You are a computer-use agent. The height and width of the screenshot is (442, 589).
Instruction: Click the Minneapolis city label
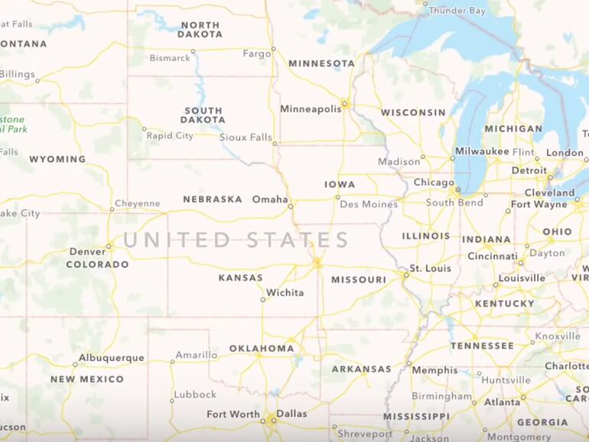tap(311, 109)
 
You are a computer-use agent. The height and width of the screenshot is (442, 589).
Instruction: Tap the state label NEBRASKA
tap(212, 200)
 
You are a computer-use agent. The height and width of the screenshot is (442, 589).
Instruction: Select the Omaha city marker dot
tap(291, 206)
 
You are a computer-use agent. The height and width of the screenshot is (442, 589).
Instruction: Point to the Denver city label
tap(87, 252)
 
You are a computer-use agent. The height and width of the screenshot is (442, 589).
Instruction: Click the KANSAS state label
tap(240, 278)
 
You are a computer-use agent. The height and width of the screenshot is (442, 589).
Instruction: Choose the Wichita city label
tap(285, 293)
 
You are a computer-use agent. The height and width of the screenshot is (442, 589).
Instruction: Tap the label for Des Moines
tap(369, 205)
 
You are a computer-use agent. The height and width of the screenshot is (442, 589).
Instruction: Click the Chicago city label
tap(434, 183)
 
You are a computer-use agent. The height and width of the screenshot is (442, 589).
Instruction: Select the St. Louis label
tap(430, 268)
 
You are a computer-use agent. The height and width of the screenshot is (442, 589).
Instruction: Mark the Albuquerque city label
tap(112, 358)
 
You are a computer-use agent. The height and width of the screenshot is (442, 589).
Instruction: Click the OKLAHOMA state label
tap(261, 349)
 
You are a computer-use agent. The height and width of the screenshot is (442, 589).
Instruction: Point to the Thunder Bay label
tap(457, 11)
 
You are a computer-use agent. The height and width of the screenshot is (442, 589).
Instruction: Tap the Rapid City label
tap(170, 136)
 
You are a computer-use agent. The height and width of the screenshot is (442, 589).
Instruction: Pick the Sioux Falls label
tap(246, 138)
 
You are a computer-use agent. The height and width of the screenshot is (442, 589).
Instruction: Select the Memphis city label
tap(434, 371)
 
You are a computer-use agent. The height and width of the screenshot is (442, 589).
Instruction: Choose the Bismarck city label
tap(170, 58)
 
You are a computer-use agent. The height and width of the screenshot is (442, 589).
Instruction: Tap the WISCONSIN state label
tap(413, 112)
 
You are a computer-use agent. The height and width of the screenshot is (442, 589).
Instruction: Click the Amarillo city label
tap(196, 356)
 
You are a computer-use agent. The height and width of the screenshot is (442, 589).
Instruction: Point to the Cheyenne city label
tap(138, 204)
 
